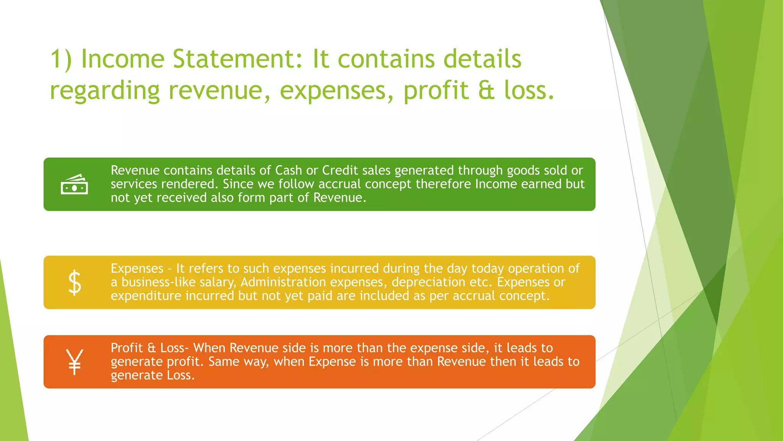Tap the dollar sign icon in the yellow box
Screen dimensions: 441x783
[75, 283]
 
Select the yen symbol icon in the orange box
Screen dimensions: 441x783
[74, 362]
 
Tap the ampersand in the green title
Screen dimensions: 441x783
[486, 90]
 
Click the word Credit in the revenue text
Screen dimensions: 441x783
[340, 170]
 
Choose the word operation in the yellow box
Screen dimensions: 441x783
[536, 269]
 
